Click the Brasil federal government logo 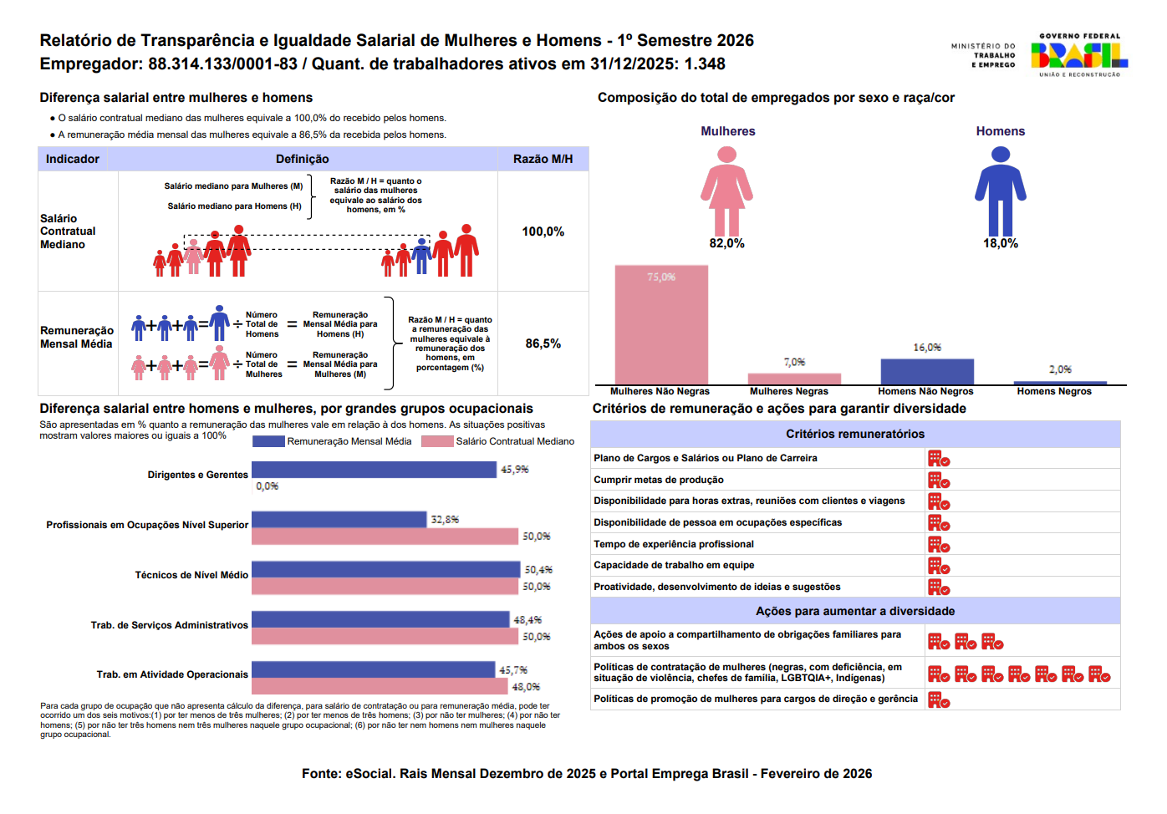tap(1078, 55)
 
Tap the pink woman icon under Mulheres tap(726, 191)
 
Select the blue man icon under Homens tap(1000, 191)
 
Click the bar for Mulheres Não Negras tap(661, 325)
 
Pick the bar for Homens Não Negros tap(926, 372)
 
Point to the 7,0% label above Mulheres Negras tap(794, 362)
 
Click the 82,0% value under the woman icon tap(726, 243)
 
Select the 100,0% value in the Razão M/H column tap(543, 231)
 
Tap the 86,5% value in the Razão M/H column tap(543, 343)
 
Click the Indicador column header tap(73, 159)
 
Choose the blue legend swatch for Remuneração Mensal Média tap(268, 441)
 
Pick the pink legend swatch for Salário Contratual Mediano tap(437, 441)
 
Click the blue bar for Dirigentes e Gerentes tap(374, 470)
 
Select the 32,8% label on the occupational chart tap(445, 519)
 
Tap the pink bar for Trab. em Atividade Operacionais tap(380, 686)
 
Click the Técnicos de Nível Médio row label tap(191, 575)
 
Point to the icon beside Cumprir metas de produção tap(938, 481)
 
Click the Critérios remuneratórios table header tap(854, 434)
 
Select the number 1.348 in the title tap(705, 64)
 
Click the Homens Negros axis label tap(1053, 391)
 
